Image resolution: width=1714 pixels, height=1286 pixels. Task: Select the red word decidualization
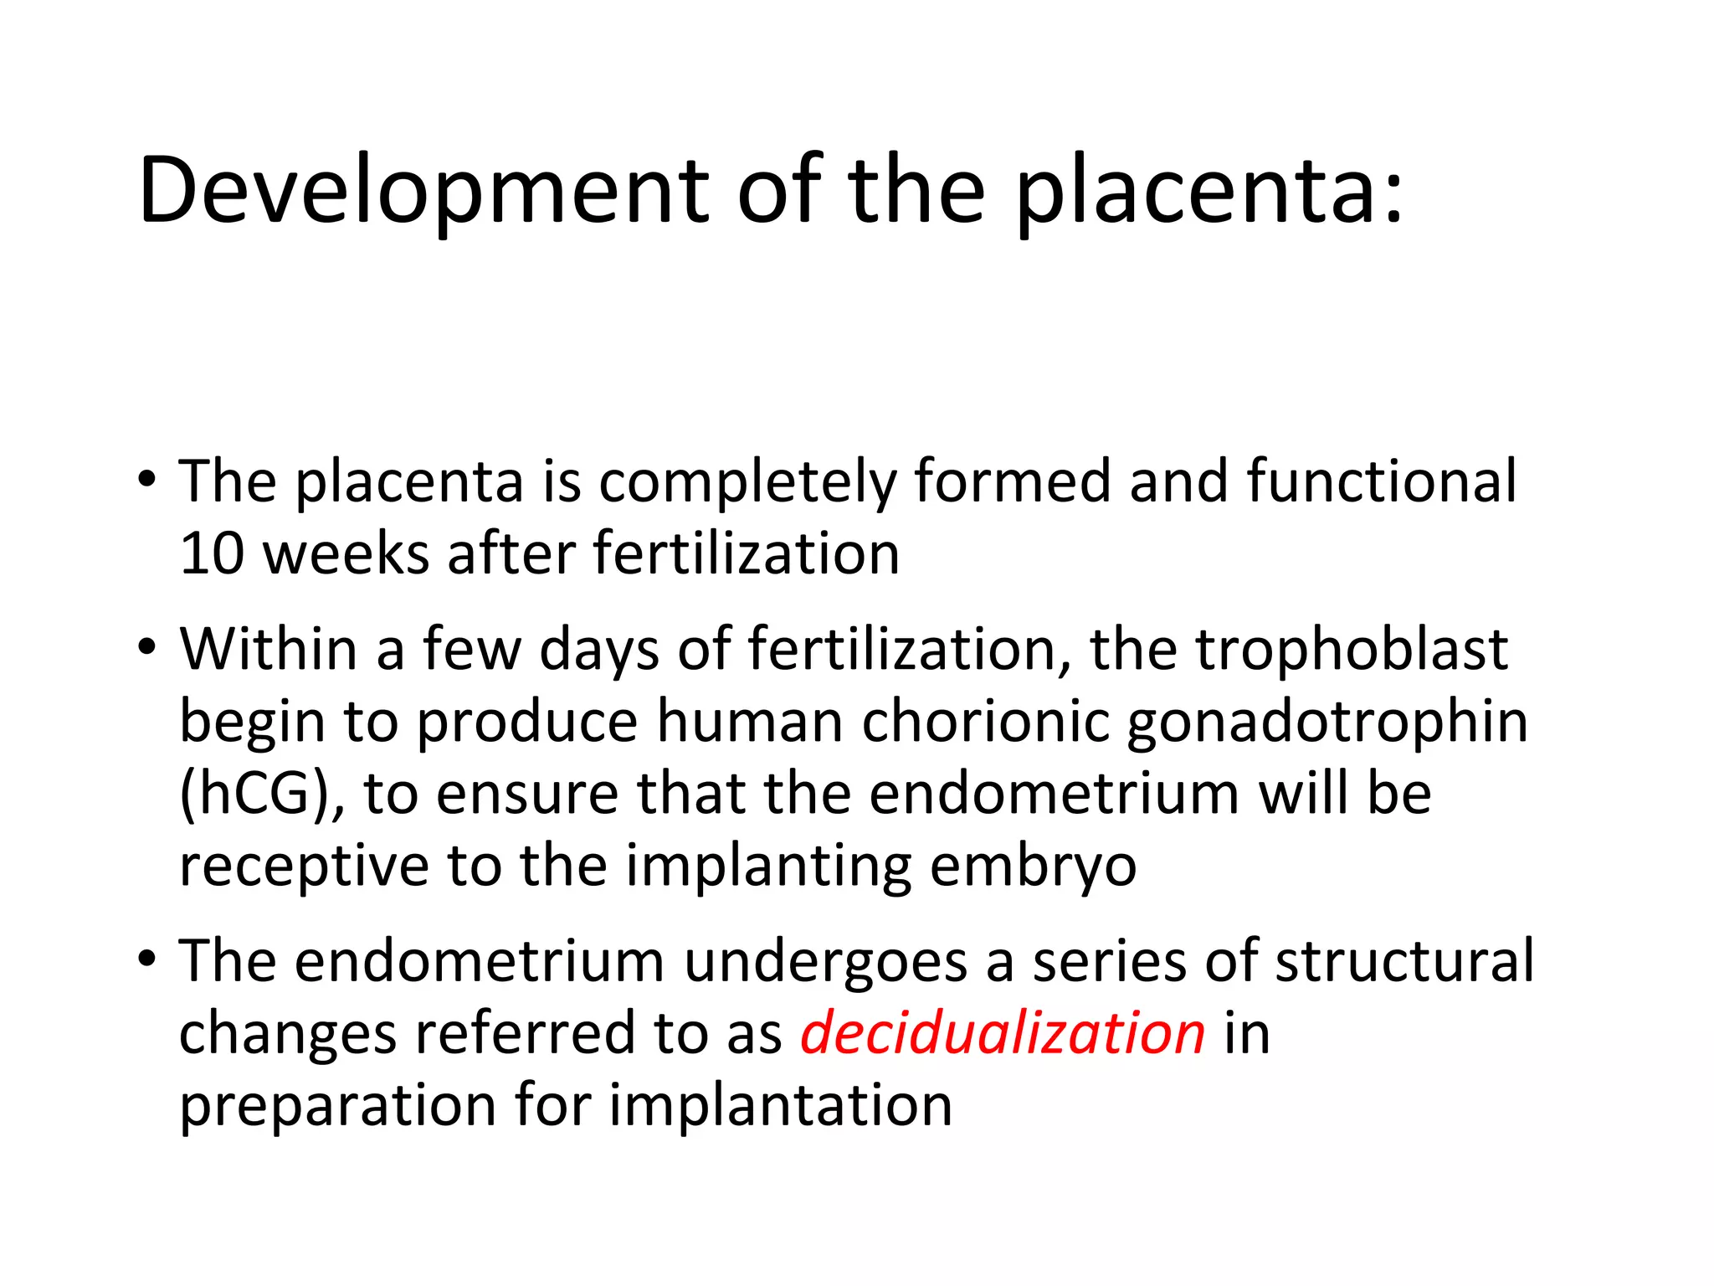tap(1003, 1033)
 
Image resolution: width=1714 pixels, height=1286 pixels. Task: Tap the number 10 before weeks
tap(210, 554)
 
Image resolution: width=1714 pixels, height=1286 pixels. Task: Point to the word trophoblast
tap(1351, 649)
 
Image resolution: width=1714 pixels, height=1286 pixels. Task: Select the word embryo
tap(1033, 867)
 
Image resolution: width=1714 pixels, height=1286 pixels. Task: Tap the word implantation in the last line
tap(780, 1105)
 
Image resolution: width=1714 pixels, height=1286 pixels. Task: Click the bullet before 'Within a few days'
tap(147, 647)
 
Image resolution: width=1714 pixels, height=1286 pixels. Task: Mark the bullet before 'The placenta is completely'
tap(147, 481)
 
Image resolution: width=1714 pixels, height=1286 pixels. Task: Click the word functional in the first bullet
tap(1381, 481)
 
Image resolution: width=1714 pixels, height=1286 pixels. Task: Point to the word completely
tap(747, 483)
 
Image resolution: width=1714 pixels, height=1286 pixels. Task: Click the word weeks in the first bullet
tap(346, 554)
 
